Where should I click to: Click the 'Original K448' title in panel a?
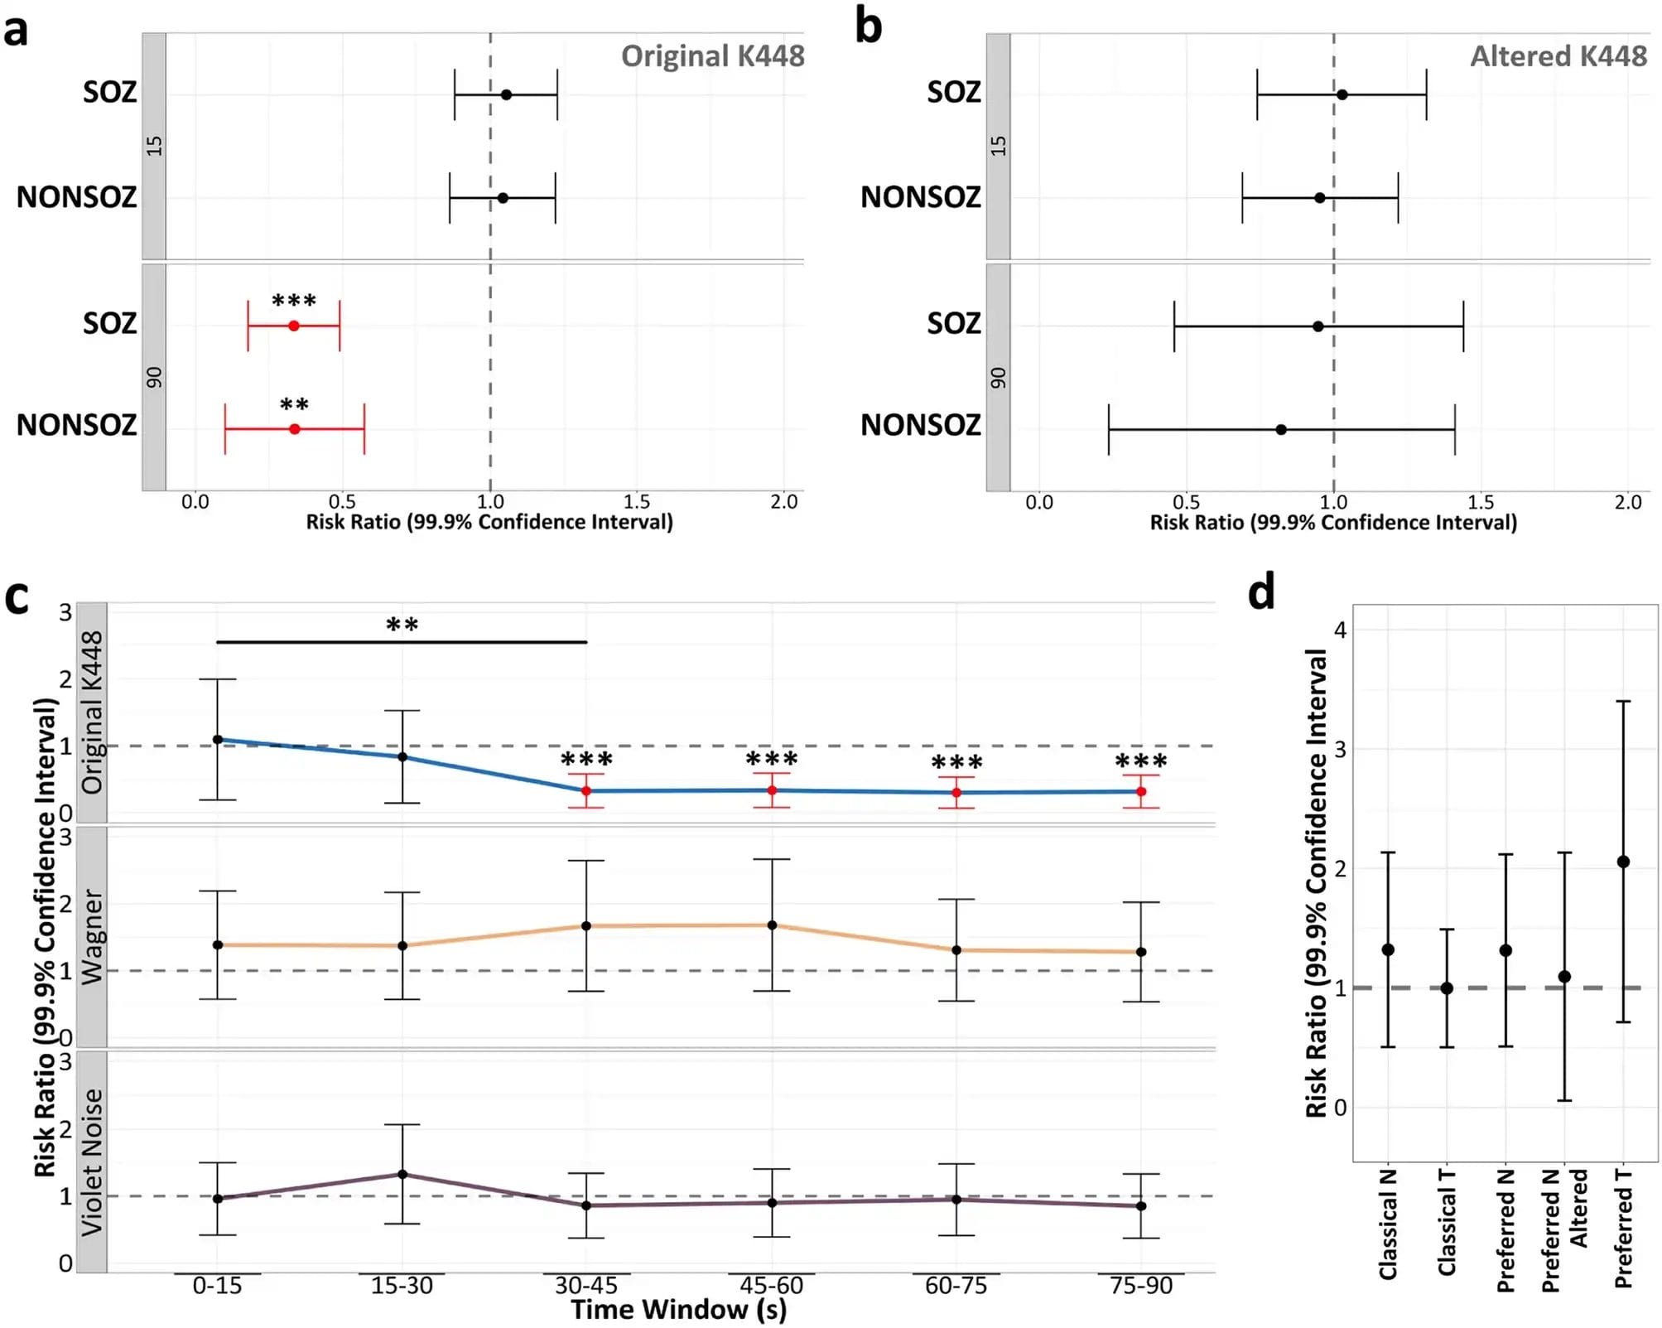click(x=712, y=56)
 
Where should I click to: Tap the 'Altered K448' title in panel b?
click(x=1558, y=56)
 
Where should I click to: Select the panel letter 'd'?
click(x=1261, y=593)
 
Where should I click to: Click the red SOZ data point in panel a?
click(x=294, y=326)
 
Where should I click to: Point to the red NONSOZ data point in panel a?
click(x=295, y=429)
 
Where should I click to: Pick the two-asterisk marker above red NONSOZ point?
click(x=294, y=406)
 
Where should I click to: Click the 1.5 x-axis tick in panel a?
click(x=637, y=502)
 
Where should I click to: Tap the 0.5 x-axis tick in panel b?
click(x=1186, y=502)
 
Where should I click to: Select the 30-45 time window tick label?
click(x=586, y=1286)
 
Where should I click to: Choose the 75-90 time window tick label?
click(x=1141, y=1286)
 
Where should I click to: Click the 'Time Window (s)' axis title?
click(x=678, y=1310)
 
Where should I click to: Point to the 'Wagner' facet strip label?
click(x=92, y=937)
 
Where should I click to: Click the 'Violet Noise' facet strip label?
click(x=92, y=1161)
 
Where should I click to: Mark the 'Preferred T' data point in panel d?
click(x=1623, y=862)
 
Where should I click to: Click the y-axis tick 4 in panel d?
click(x=1340, y=630)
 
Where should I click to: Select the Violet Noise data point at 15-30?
click(x=402, y=1174)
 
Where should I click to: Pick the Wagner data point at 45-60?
click(x=772, y=925)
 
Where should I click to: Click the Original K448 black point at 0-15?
click(x=218, y=739)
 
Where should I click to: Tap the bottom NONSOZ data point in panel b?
click(x=1281, y=429)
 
